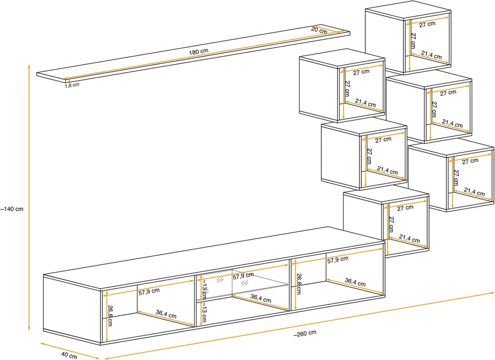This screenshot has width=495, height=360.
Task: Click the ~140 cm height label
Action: point(12,209)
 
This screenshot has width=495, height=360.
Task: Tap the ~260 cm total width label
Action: point(304,333)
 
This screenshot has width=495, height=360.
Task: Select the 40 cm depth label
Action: point(69,355)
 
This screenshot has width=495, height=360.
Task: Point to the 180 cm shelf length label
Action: point(198,51)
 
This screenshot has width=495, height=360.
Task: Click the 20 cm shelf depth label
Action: point(319,30)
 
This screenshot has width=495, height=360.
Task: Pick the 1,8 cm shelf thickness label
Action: point(72,85)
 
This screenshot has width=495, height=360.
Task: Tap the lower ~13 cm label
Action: point(204,312)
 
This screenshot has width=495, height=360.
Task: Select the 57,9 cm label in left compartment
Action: point(149,291)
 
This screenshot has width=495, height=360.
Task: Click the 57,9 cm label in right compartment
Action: point(338,260)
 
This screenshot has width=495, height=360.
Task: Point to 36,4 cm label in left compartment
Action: point(166,314)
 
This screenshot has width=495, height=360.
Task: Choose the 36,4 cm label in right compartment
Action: point(355,282)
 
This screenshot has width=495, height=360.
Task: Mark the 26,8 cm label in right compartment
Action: point(298,284)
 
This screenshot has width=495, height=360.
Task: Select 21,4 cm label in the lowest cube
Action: point(409,238)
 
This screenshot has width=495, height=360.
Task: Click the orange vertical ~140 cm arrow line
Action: point(29,198)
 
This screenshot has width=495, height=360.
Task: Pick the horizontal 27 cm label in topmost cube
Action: point(427,24)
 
